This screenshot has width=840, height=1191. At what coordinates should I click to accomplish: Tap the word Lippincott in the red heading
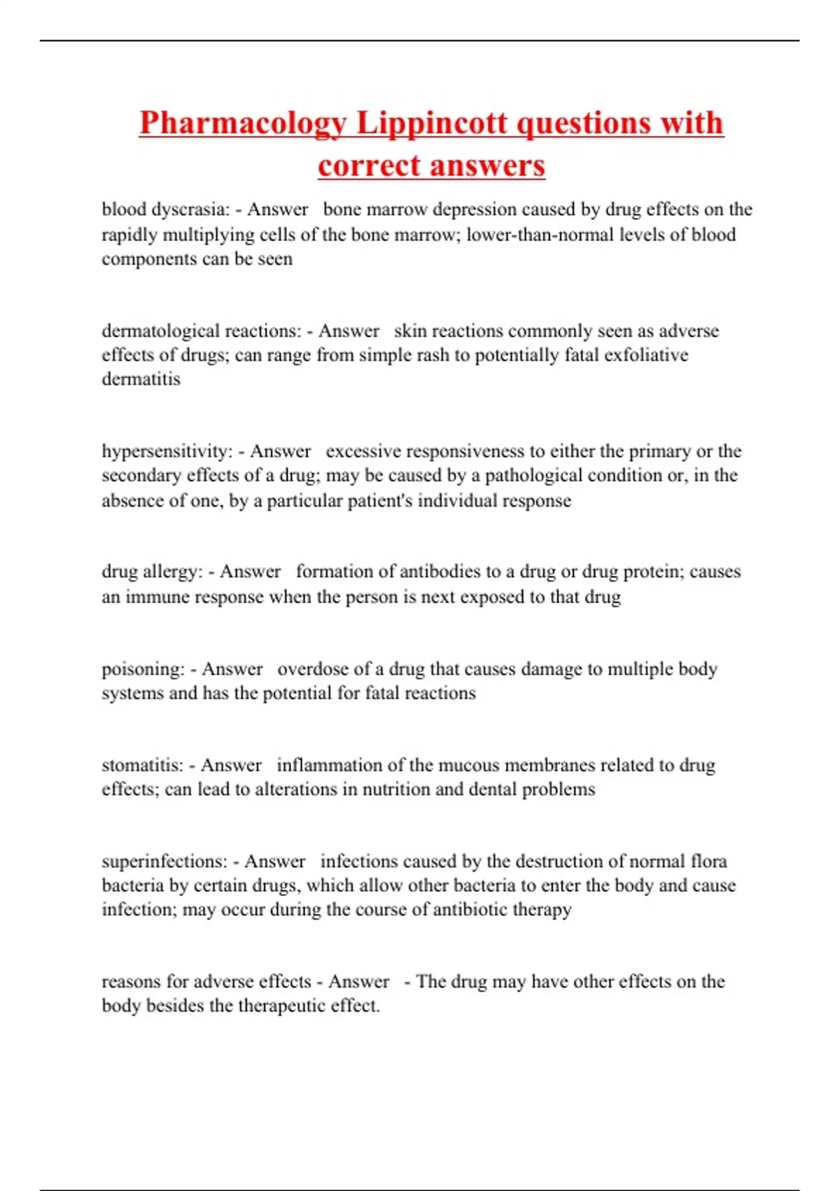[432, 123]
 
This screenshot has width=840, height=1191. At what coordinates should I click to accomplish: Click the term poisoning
[143, 669]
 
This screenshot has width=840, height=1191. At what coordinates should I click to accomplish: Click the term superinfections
[164, 861]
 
